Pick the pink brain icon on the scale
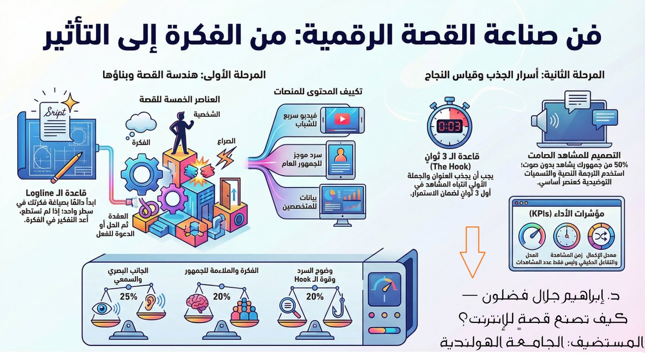[199, 304]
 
